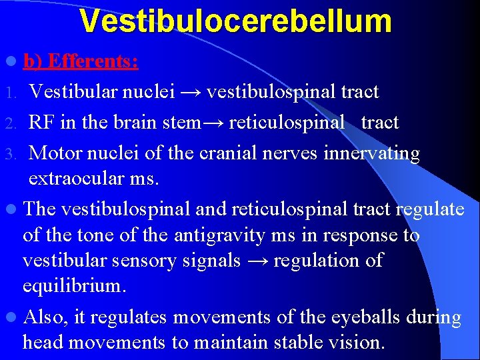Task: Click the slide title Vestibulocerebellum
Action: pos(235,21)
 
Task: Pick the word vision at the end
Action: pos(356,343)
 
